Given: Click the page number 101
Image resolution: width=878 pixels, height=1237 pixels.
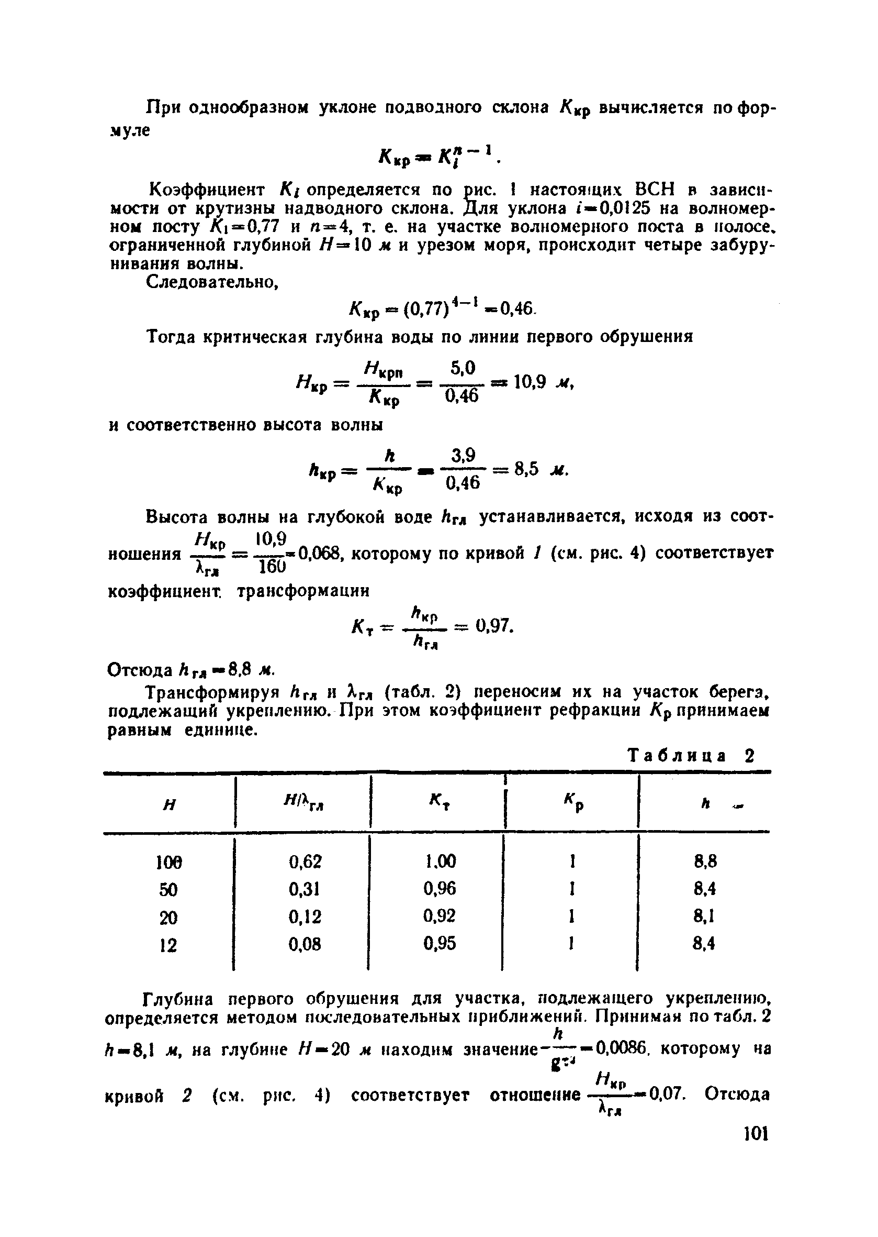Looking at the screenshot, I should tap(756, 1133).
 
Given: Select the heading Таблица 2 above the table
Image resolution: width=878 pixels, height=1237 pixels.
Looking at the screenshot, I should tap(690, 755).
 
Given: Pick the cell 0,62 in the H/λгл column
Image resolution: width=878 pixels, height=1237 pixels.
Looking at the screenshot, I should tap(305, 862).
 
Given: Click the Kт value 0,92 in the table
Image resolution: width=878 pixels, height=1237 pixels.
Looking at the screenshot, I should tap(440, 916).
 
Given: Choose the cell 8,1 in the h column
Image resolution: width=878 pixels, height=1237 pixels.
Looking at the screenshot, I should tap(705, 916).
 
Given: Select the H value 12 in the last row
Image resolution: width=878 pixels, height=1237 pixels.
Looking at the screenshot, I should tap(168, 945).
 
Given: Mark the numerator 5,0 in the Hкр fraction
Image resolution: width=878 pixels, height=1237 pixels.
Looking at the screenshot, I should tap(463, 369).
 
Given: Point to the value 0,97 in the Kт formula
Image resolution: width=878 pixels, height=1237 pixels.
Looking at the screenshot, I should tap(492, 626).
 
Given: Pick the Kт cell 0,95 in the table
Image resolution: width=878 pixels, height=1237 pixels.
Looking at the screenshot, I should tap(440, 944).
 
